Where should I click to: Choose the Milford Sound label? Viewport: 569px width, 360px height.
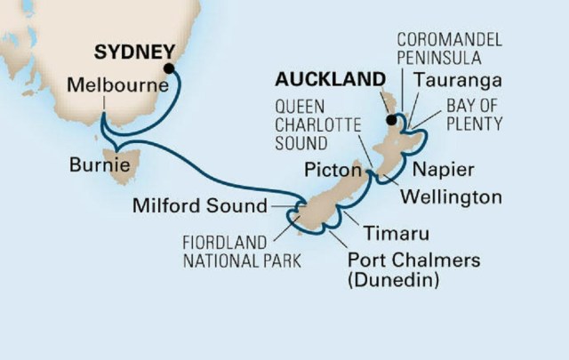pyautogui.click(x=199, y=206)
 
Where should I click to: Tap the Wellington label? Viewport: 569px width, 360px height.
pyautogui.click(x=450, y=194)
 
